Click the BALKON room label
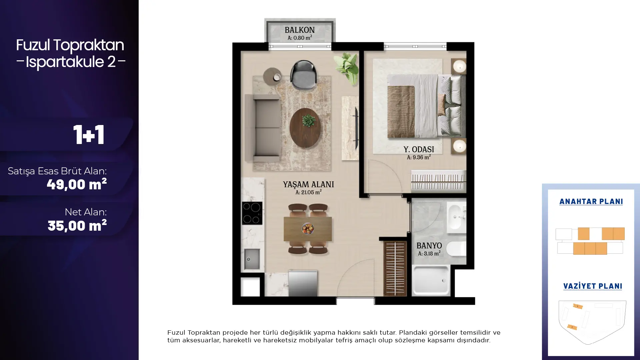coord(300,30)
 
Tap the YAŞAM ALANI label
coord(308,184)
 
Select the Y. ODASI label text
coord(419,150)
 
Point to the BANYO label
coord(429,246)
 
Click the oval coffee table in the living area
coord(305,128)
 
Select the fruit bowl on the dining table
coord(308,229)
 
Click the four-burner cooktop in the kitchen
coord(252,213)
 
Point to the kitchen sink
coord(252,259)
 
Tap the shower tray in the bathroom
coord(431,280)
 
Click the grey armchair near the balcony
coord(303,75)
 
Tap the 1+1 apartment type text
coord(89,135)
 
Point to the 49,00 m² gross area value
coord(77,184)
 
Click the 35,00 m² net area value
coord(77,226)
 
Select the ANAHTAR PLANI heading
coord(591,202)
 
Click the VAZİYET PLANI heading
coord(593,286)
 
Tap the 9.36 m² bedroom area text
coord(419,157)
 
